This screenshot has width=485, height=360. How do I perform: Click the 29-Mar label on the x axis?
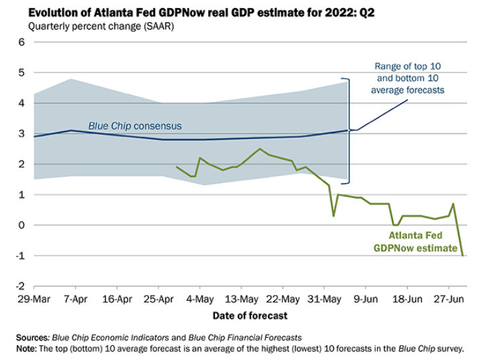(33, 298)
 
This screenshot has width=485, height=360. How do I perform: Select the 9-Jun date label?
(364, 298)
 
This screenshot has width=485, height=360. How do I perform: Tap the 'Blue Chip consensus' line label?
(135, 126)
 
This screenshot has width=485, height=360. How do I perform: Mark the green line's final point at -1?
(462, 255)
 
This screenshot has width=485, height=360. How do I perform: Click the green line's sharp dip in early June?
(333, 216)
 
